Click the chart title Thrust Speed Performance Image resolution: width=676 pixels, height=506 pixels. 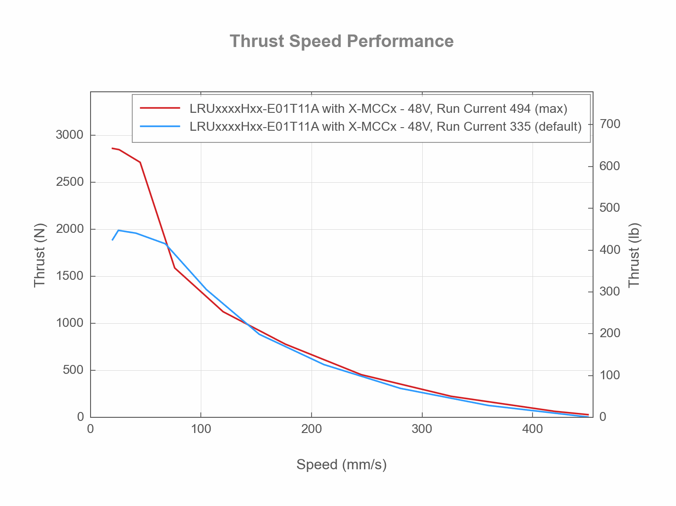[x=342, y=41]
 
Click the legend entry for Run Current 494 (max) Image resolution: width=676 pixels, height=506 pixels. [x=378, y=108]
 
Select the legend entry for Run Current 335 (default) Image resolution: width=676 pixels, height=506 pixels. [x=386, y=127]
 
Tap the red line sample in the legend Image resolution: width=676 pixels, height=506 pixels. [x=160, y=108]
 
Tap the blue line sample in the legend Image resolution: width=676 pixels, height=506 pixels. [x=160, y=127]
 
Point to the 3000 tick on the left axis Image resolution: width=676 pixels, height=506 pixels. [x=69, y=135]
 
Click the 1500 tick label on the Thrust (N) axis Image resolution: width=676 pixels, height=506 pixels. [x=69, y=276]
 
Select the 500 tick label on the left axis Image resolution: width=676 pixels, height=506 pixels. [x=73, y=370]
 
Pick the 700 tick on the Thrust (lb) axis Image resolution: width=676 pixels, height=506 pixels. [x=611, y=124]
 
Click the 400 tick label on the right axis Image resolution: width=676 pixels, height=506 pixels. [x=611, y=250]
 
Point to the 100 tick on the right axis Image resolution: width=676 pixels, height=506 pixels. [x=611, y=375]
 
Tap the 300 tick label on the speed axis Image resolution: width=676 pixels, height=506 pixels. [x=422, y=429]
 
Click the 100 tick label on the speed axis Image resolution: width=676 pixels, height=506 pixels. [x=201, y=429]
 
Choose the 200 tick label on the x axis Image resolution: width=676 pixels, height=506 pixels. [x=311, y=429]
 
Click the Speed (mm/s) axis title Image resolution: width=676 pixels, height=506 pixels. [x=341, y=465]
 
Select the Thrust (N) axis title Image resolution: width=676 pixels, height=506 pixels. [x=40, y=255]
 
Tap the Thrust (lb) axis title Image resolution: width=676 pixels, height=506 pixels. [x=634, y=255]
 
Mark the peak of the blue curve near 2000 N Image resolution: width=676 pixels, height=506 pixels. [x=118, y=230]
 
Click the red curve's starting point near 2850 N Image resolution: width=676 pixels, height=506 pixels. [x=112, y=148]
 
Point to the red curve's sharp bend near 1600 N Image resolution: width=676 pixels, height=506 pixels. [x=174, y=268]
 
